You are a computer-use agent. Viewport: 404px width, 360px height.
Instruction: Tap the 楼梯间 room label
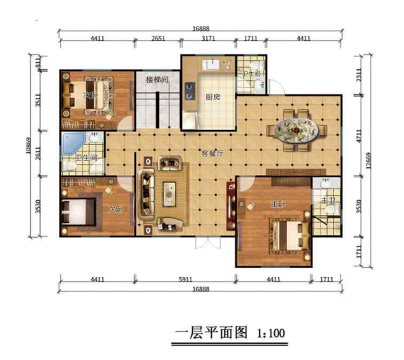156,79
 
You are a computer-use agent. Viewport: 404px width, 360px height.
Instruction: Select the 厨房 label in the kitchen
212,98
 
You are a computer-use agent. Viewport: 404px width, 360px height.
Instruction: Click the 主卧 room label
278,205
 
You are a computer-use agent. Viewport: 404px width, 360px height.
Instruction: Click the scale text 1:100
273,332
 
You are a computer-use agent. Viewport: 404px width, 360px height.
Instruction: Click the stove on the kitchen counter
189,91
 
